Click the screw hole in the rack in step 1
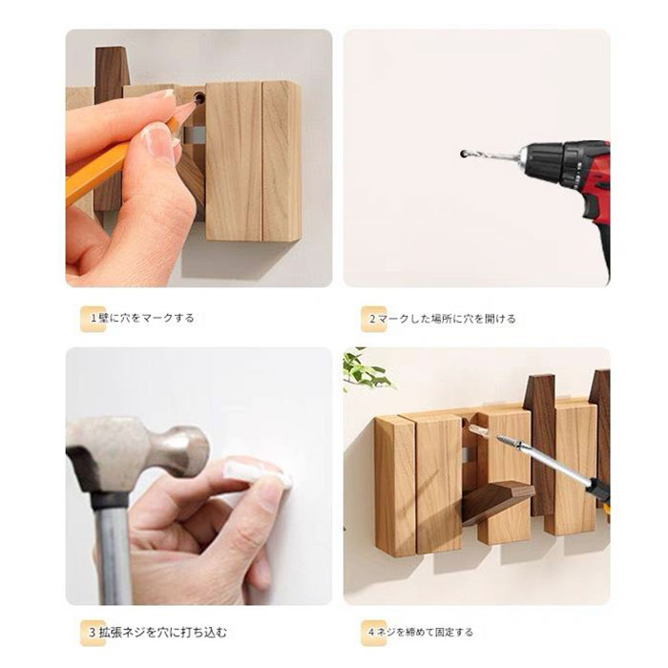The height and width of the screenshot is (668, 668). click(x=198, y=98)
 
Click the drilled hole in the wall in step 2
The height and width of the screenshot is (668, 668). click(x=463, y=154)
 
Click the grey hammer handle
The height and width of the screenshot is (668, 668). click(x=113, y=553)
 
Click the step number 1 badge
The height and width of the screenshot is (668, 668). click(x=93, y=319)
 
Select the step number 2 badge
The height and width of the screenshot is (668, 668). click(x=373, y=319)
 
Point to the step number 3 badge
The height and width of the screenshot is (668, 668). click(x=93, y=633)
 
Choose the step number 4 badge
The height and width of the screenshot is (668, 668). click(x=373, y=633)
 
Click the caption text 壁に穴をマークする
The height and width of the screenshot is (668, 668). click(x=146, y=318)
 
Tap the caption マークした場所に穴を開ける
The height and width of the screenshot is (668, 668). click(x=447, y=319)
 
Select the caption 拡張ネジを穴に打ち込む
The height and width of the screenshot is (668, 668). click(x=163, y=632)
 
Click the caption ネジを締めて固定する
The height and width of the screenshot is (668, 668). click(x=425, y=632)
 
